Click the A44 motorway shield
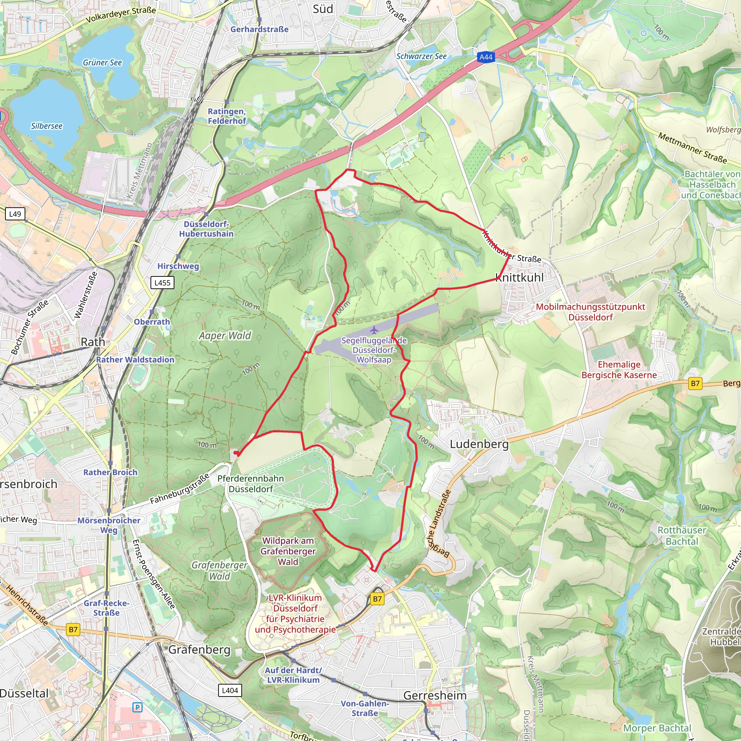tap(486, 57)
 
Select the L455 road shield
tap(162, 283)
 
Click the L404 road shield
tap(230, 690)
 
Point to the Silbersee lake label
tap(46, 126)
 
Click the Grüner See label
tap(102, 63)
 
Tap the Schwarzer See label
tap(421, 56)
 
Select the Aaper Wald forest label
tap(225, 336)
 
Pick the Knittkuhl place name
tap(519, 277)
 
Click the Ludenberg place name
tap(479, 444)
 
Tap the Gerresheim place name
tap(435, 695)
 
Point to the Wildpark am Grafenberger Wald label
tap(288, 551)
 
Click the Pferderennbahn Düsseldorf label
tap(250, 484)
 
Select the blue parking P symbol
tap(137, 707)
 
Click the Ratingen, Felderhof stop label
tap(226, 116)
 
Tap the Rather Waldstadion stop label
tap(135, 359)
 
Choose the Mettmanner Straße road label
tap(692, 147)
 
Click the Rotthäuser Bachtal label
tap(682, 536)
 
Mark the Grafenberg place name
tap(199, 649)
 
